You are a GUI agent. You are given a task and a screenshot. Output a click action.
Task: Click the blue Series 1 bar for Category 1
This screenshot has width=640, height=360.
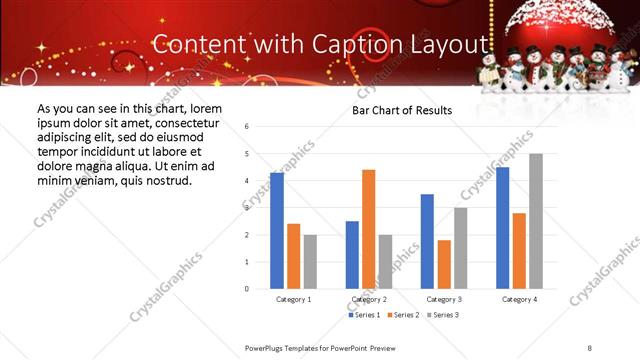coord(277,231)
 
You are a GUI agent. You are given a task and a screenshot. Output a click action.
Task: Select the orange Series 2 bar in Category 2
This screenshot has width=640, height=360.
coord(369,229)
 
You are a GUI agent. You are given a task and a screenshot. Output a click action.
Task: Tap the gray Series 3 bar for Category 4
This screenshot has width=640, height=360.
coord(536,221)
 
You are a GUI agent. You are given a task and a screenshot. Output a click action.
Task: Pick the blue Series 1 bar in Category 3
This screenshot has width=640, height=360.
coord(427,241)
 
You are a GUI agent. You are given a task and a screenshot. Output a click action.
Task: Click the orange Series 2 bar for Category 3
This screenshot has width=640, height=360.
coord(444,264)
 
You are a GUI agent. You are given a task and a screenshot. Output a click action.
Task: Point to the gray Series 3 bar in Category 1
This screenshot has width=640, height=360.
coord(310,261)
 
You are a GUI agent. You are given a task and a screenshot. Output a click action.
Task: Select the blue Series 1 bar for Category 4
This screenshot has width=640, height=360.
coord(502,228)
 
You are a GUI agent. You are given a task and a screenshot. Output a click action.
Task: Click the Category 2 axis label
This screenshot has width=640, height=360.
coord(369,299)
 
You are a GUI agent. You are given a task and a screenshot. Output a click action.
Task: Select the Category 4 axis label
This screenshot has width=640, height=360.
coord(519,299)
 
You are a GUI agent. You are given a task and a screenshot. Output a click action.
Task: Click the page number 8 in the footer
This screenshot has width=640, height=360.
coord(589,347)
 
